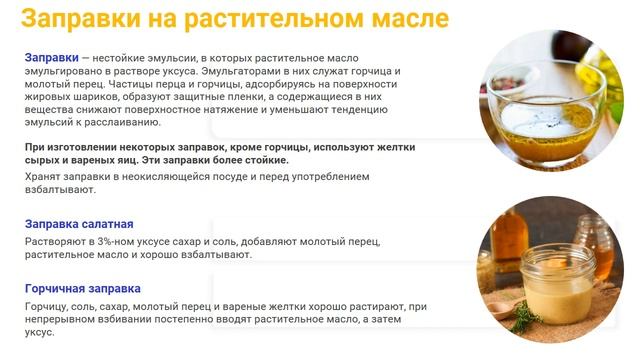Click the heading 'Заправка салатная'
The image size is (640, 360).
(79, 224)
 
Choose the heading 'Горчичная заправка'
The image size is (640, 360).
(82, 288)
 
